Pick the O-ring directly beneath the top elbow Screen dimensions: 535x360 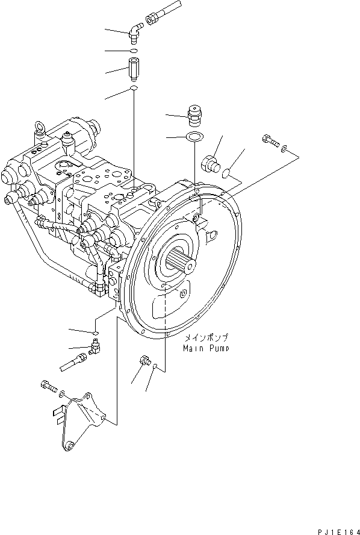pos(134,51)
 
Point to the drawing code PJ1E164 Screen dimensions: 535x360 pos(338,528)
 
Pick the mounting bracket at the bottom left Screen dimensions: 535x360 pos(78,419)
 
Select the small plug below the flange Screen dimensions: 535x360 pos(144,361)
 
